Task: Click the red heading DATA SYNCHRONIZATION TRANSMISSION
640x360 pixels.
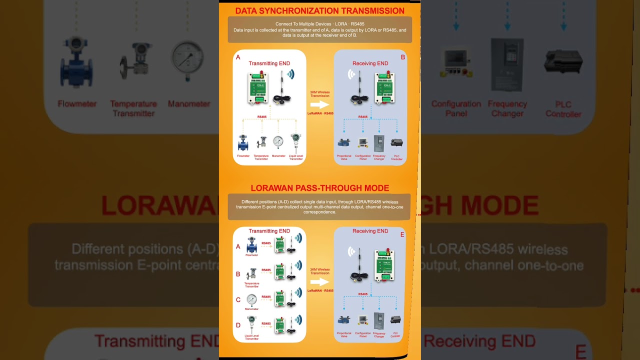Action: pos(320,10)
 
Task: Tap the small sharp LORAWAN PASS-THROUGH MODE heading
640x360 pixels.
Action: pos(320,188)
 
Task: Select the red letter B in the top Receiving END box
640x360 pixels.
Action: pos(402,57)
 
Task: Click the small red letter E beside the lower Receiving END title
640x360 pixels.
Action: pos(402,234)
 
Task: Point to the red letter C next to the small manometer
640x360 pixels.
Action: pos(238,300)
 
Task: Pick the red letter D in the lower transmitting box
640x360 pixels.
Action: pos(238,325)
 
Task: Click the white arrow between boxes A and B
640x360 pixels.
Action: pos(319,104)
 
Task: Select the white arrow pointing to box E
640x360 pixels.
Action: pos(319,281)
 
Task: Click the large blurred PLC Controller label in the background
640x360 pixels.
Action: pos(563,109)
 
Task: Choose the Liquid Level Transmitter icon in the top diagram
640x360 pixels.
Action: pos(295,142)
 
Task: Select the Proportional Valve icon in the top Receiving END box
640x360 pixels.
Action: pos(343,142)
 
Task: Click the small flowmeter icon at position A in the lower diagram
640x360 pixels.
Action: pos(251,244)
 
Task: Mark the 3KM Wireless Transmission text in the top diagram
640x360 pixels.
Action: pos(320,94)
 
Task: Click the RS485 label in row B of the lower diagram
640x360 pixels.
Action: pos(266,270)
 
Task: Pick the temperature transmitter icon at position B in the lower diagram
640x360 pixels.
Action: pos(252,273)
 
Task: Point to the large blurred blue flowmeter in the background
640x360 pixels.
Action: pos(76,62)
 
